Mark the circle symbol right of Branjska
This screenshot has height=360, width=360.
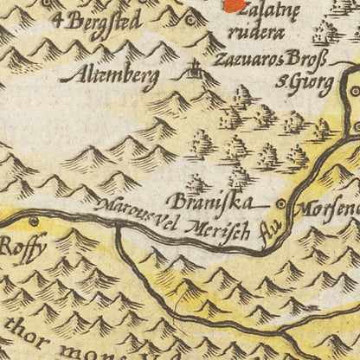pyautogui.click(x=280, y=203)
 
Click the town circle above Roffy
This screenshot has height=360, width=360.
pyautogui.click(x=34, y=221)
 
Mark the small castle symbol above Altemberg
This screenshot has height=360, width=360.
pyautogui.click(x=196, y=67)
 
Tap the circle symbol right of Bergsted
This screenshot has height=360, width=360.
pyautogui.click(x=191, y=18)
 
